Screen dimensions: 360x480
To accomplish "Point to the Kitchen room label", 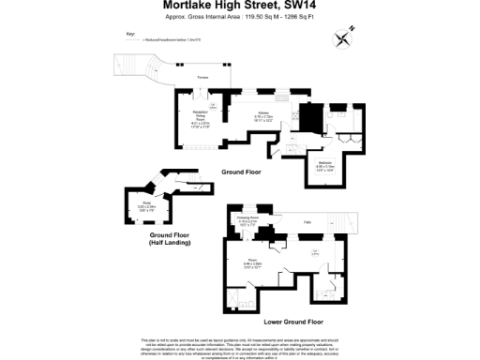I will coord(264,115).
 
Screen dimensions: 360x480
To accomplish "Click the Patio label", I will coord(307,220).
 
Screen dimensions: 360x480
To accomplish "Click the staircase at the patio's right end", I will coord(349,222).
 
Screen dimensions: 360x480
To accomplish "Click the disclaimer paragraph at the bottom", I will coord(239,344).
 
